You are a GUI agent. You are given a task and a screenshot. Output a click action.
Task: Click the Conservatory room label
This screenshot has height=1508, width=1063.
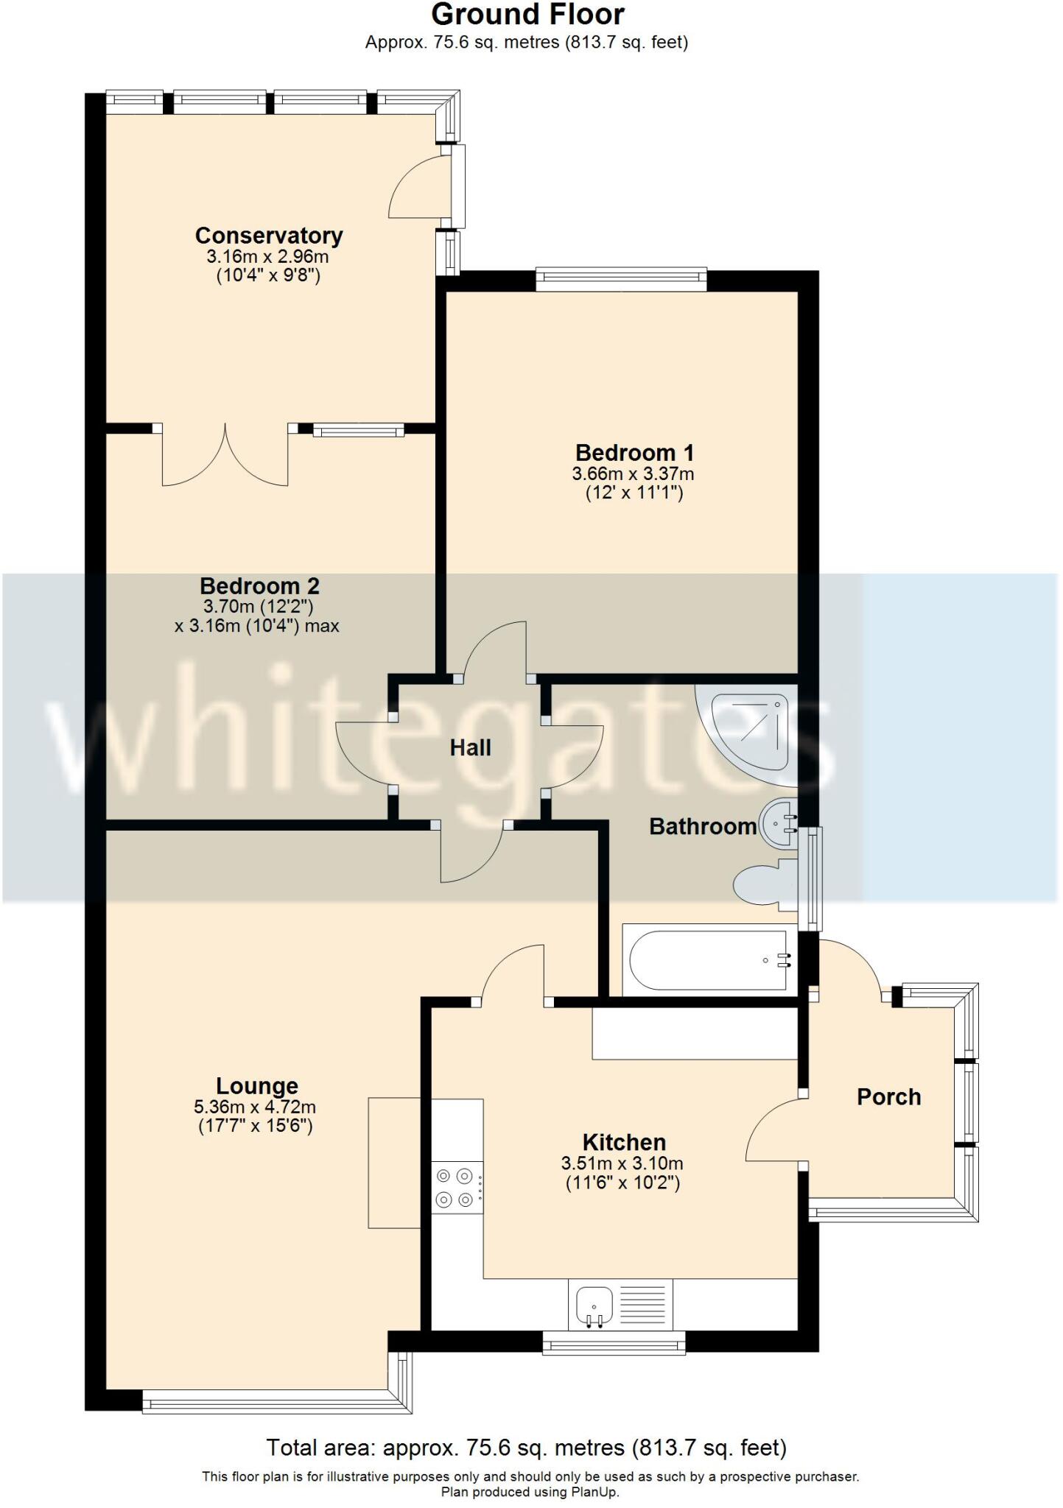tap(268, 236)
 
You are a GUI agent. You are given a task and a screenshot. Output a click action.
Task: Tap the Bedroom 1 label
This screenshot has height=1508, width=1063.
tap(634, 452)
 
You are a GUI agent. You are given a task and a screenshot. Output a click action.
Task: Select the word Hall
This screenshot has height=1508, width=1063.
tap(470, 748)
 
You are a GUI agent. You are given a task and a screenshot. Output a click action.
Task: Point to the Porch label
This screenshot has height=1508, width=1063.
tap(888, 1097)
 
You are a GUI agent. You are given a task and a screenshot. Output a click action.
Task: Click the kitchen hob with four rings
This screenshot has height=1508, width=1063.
tap(455, 1187)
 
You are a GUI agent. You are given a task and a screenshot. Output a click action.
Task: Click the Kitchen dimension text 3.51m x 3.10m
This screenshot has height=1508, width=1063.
tap(622, 1163)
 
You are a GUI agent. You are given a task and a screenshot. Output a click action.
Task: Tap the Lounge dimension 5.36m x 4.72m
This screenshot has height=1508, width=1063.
tap(255, 1107)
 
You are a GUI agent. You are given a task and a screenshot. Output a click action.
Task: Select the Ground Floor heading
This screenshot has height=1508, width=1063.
tap(527, 15)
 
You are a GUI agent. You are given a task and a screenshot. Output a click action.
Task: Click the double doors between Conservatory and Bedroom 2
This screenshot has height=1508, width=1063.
tap(225, 457)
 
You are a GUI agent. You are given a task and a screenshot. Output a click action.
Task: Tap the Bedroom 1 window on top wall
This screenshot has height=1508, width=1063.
tap(620, 277)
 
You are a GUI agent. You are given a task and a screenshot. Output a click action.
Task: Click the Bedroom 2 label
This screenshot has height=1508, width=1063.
tap(259, 586)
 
